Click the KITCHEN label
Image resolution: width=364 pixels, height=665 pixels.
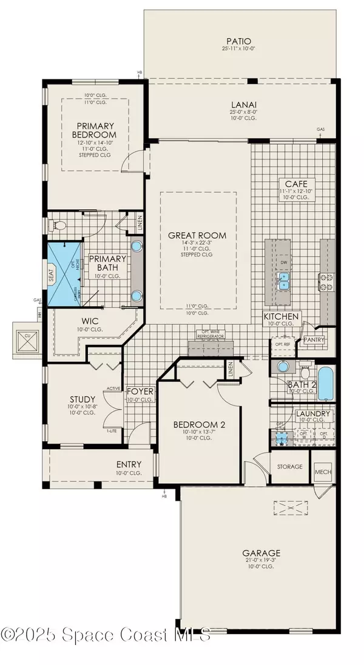point(281,316)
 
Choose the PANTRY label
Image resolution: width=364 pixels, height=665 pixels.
point(314,339)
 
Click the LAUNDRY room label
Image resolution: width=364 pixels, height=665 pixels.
point(314,414)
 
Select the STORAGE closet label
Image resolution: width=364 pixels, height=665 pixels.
point(289,466)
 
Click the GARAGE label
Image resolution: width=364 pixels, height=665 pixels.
point(262,553)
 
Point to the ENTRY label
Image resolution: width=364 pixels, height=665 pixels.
point(129,464)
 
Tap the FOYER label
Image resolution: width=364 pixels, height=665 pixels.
point(140,392)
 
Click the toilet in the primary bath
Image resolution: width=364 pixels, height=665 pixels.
point(60,226)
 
